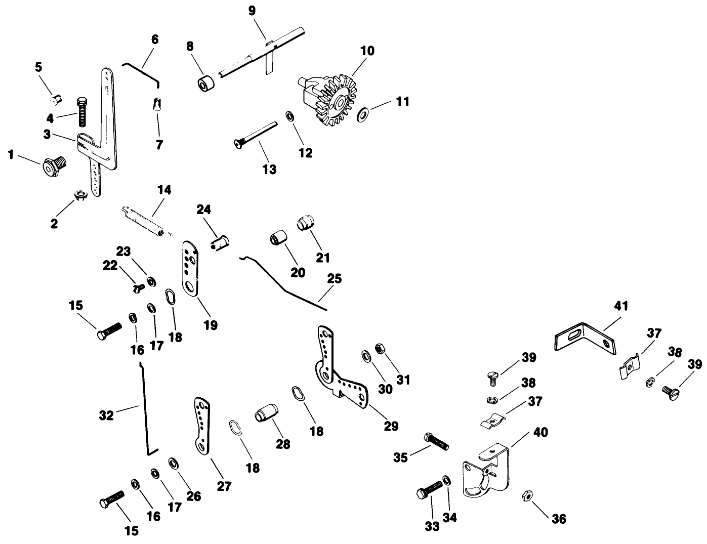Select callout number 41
point(621,306)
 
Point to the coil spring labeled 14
point(144,219)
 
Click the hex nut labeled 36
point(526,495)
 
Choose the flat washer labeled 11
point(363,115)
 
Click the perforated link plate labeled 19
point(190,268)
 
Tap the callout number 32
point(107,415)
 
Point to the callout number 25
point(334,279)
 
